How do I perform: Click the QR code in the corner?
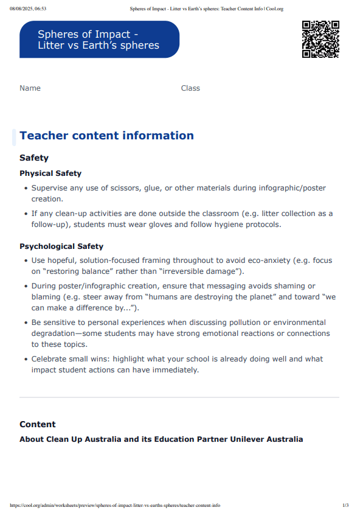pos(320,39)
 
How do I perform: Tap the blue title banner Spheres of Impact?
pos(99,40)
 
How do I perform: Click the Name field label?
pos(30,88)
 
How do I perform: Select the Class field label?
pos(190,88)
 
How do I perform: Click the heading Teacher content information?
pos(106,136)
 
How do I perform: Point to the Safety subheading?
pos(34,158)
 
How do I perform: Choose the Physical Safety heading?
pos(50,173)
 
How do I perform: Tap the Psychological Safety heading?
pos(61,246)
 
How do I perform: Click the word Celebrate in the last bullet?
pos(51,359)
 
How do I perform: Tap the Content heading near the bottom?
pos(37,424)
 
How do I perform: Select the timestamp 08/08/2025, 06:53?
pos(28,9)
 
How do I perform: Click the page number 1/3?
pos(345,505)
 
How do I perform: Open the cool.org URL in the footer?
pos(116,505)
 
